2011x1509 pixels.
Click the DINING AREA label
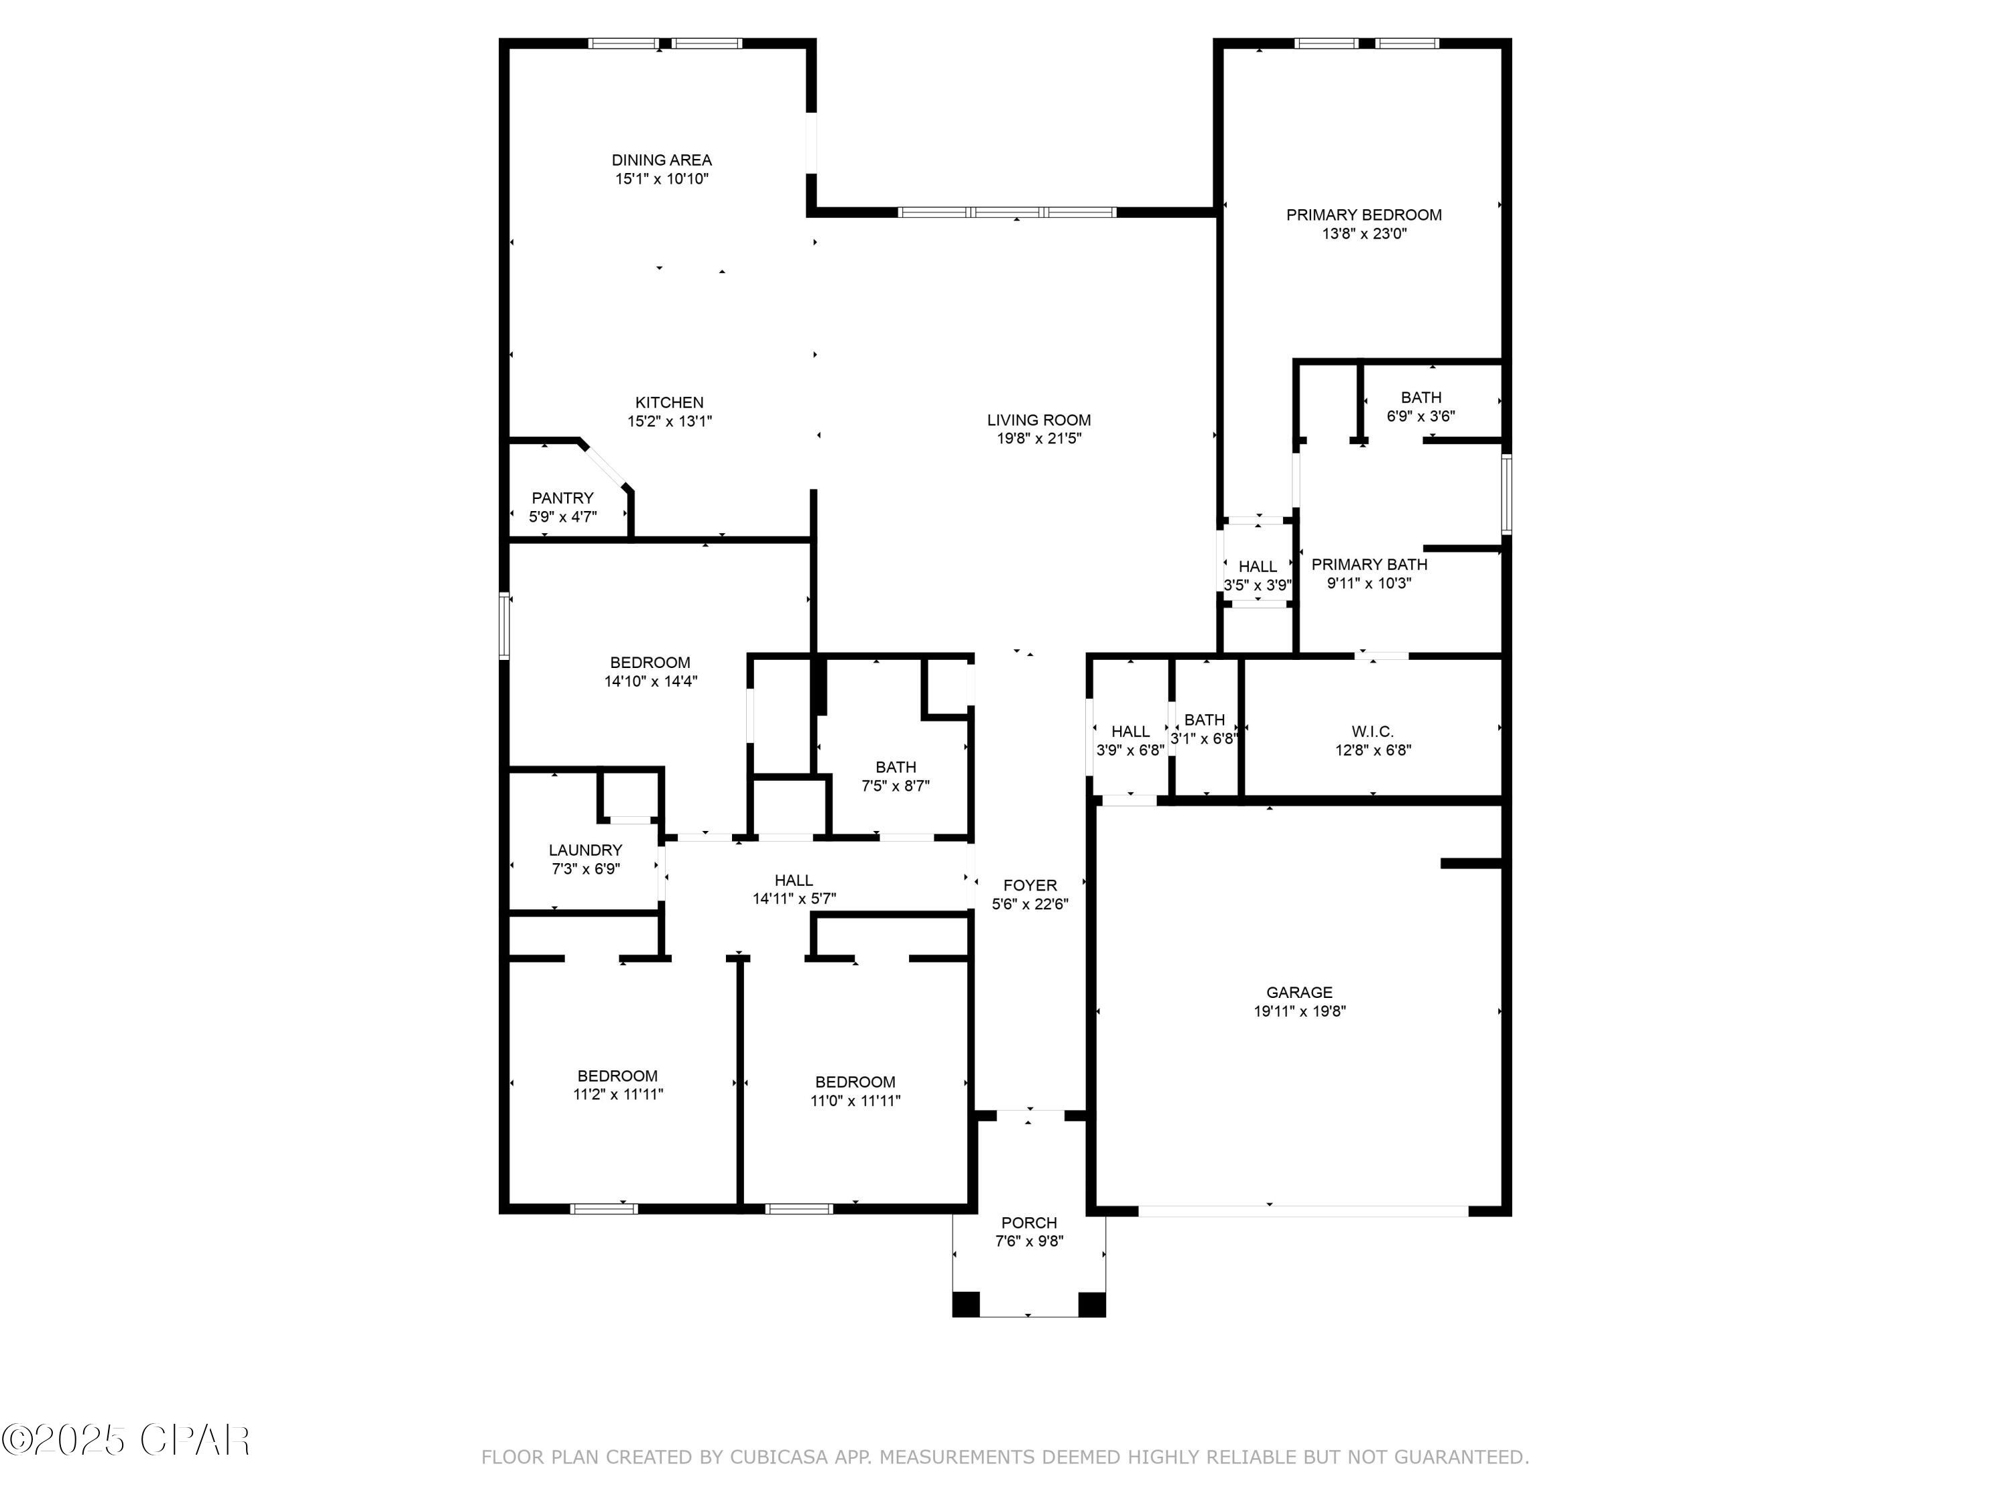pos(661,160)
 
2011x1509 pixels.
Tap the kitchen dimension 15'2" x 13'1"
pos(669,421)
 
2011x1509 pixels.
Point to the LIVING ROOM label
pos(1038,421)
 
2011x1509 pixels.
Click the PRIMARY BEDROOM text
pos(1363,215)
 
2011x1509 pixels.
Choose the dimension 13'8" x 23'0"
pos(1363,234)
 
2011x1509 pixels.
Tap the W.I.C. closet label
pos(1372,731)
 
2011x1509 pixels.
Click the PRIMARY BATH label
pos(1368,564)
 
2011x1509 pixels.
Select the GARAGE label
pos(1298,993)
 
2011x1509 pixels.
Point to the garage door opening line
pos(1302,1211)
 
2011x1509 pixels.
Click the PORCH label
pos(1028,1223)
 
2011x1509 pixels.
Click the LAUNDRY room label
pos(585,850)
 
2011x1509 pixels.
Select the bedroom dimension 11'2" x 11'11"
pos(617,1095)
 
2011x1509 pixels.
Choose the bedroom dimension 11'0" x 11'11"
pos(855,1101)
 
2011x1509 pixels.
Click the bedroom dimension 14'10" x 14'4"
pos(650,681)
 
